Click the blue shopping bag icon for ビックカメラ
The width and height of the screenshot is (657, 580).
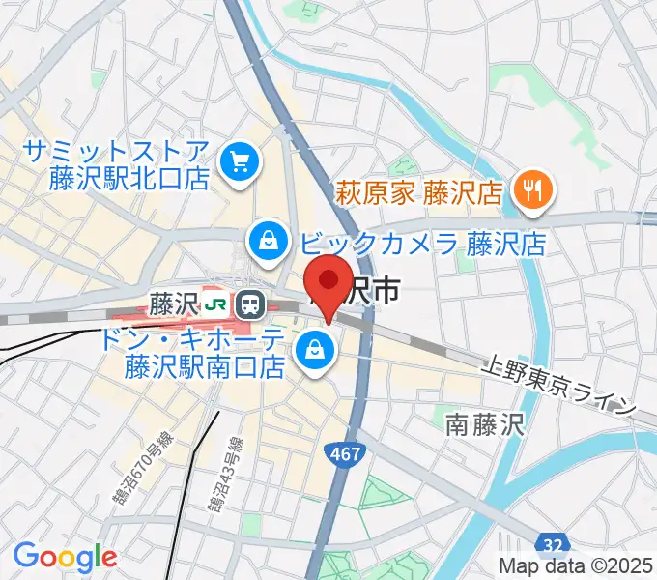265,242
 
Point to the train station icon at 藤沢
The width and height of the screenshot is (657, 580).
251,305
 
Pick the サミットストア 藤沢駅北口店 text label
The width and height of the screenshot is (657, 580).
116,163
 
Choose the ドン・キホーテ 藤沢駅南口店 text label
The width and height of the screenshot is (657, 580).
204,353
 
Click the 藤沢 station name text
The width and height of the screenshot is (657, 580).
173,305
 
